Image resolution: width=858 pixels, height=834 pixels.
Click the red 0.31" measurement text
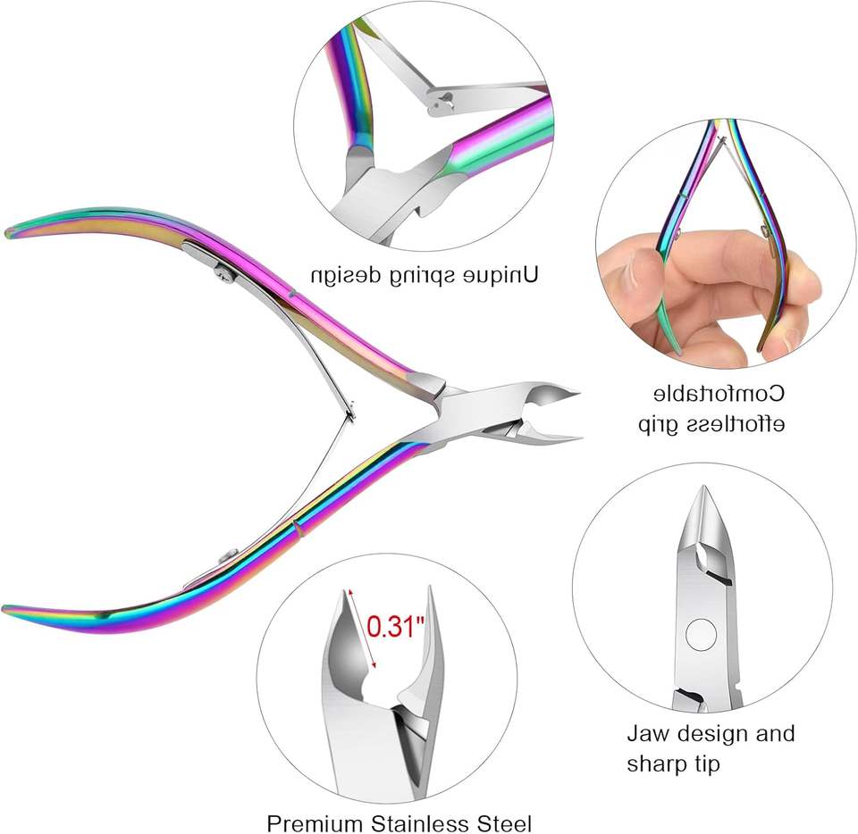click(x=394, y=627)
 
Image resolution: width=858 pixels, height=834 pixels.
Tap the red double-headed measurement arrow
click(x=362, y=628)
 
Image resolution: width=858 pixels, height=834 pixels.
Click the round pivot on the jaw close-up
click(x=700, y=636)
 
